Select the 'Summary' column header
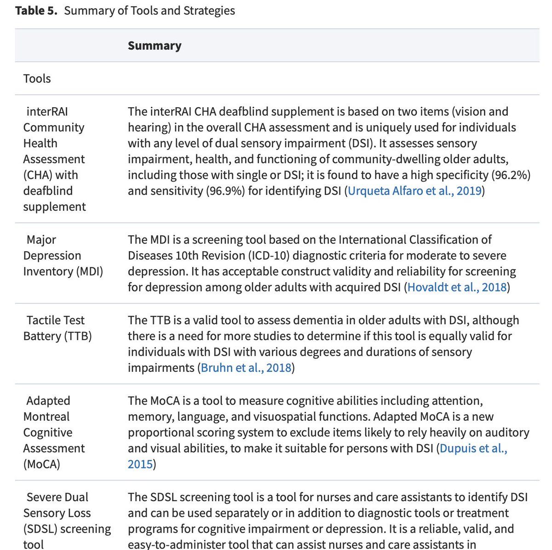pyautogui.click(x=155, y=46)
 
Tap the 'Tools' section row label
pyautogui.click(x=37, y=79)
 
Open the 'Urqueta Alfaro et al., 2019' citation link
pyautogui.click(x=414, y=191)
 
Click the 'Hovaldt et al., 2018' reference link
pyautogui.click(x=457, y=287)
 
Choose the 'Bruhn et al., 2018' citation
pyautogui.click(x=246, y=368)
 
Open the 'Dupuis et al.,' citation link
pyautogui.click(x=473, y=448)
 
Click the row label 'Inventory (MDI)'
pyautogui.click(x=63, y=272)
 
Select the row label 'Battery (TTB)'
pyautogui.click(x=57, y=336)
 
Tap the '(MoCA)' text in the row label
pyautogui.click(x=42, y=464)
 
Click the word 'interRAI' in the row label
pyautogui.click(x=47, y=111)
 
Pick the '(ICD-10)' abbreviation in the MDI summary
pyautogui.click(x=253, y=255)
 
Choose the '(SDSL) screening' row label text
pyautogui.click(x=67, y=529)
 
